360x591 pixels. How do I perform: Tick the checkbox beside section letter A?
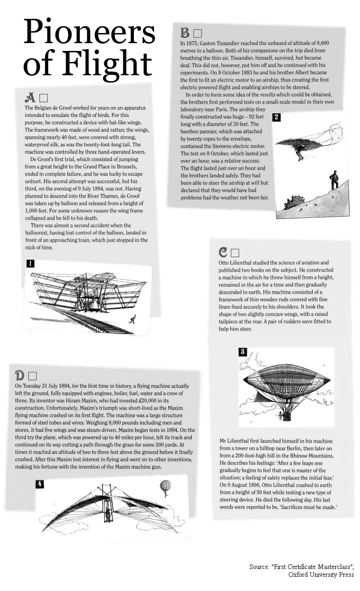coord(44,98)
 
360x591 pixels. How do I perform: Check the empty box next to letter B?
coord(198,33)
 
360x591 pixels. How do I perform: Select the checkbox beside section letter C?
coord(235,253)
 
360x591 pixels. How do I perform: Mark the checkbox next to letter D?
coord(32,376)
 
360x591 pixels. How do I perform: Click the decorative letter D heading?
coord(20,375)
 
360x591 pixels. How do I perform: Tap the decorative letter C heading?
coord(223,252)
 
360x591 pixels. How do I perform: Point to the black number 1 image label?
coord(30,263)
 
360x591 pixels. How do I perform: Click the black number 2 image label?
coord(277,117)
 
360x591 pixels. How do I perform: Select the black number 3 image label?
coord(243,352)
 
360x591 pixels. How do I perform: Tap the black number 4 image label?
coord(40,484)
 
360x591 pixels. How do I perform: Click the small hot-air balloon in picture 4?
coord(165,487)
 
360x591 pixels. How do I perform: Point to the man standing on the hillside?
coord(334,180)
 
